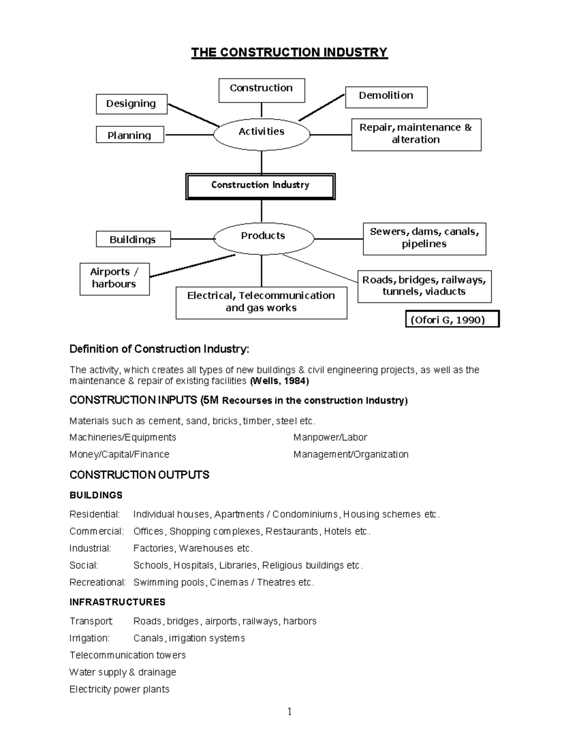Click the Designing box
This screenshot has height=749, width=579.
(x=131, y=104)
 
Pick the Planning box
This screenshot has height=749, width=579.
(x=129, y=135)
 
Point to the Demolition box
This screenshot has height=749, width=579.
(x=386, y=96)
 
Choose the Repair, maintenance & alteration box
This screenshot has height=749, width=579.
(x=416, y=134)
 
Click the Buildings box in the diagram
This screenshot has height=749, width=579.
(x=133, y=239)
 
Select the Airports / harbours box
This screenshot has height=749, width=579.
(x=114, y=278)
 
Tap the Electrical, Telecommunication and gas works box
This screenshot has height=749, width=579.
(x=261, y=302)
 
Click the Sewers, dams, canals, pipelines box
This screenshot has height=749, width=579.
(x=424, y=238)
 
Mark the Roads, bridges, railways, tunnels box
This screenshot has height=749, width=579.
(x=424, y=286)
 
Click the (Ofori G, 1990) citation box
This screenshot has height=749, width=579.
(x=452, y=319)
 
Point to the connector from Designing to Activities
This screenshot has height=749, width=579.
(x=193, y=115)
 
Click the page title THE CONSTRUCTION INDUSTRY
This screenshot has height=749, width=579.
(x=289, y=52)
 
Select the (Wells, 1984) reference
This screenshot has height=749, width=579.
(x=279, y=381)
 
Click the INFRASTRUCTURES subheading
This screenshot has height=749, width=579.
(x=117, y=602)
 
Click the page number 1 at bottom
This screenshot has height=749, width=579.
(x=289, y=712)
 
